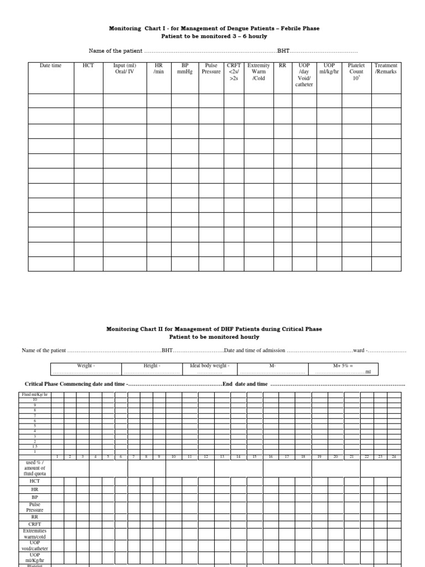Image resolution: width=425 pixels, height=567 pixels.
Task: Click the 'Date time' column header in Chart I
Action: pyautogui.click(x=50, y=66)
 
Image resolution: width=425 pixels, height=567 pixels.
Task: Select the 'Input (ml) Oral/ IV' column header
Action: pyautogui.click(x=125, y=69)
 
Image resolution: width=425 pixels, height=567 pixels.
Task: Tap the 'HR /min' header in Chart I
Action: pyautogui.click(x=159, y=69)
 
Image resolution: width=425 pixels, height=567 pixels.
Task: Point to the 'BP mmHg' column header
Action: pyautogui.click(x=185, y=69)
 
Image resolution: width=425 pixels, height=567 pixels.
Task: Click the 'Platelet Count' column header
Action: pyautogui.click(x=356, y=71)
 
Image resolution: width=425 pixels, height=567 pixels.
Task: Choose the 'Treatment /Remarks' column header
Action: pyautogui.click(x=386, y=69)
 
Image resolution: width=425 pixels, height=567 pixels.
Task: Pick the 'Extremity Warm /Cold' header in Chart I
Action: pyautogui.click(x=258, y=71)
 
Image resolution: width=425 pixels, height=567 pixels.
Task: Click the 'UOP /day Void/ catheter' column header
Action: pyautogui.click(x=304, y=75)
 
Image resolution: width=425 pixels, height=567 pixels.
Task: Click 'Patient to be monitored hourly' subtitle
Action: pyautogui.click(x=214, y=337)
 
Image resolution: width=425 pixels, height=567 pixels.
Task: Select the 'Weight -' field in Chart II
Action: pyautogui.click(x=86, y=366)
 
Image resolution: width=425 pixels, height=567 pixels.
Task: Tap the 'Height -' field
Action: pyautogui.click(x=152, y=366)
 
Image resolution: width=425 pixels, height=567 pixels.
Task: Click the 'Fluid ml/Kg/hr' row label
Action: pyautogui.click(x=34, y=394)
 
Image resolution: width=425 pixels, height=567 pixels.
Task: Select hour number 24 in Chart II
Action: pyautogui.click(x=394, y=457)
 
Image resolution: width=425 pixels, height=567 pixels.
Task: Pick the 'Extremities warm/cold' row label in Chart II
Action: pyautogui.click(x=34, y=534)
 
